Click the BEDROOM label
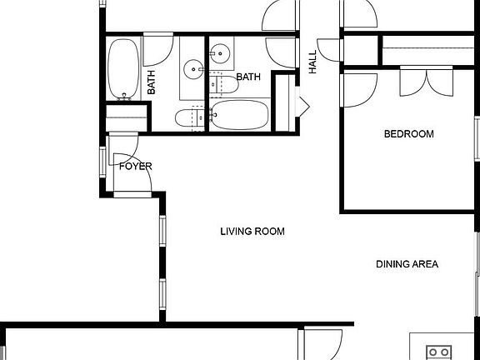coord(408,134)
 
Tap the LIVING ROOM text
coord(252,232)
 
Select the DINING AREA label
coord(407,265)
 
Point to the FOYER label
coord(135,167)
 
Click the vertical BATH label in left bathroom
coord(152,82)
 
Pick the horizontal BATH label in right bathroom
coord(248,77)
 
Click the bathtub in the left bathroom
coord(125,69)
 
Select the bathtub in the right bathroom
coord(239,115)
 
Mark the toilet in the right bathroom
coord(219,82)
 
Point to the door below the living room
coord(322,343)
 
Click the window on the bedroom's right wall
coord(476,137)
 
